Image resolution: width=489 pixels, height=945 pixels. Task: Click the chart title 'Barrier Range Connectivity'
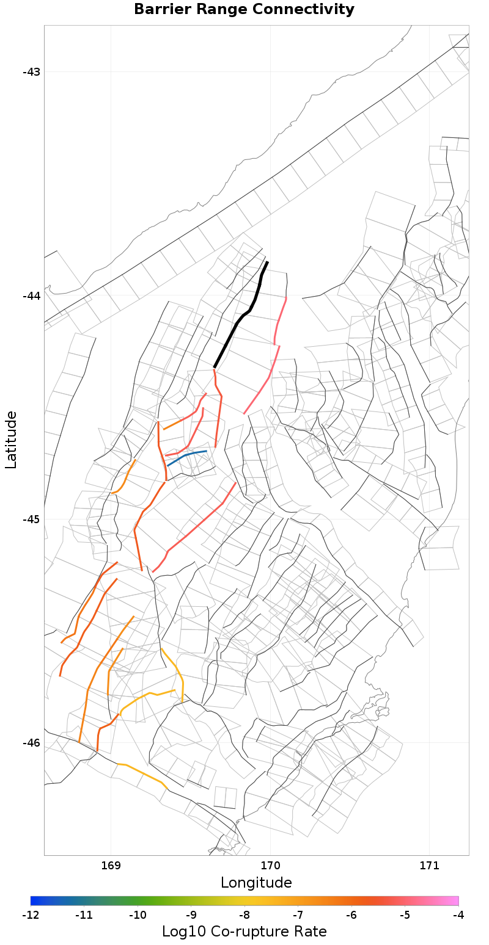tap(244, 10)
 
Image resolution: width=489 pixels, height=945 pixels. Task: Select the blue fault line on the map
tap(187, 455)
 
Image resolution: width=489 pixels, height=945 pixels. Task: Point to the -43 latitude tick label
tap(31, 72)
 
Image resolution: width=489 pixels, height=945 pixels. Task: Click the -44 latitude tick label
tap(31, 296)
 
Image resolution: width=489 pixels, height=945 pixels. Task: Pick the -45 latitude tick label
tap(31, 520)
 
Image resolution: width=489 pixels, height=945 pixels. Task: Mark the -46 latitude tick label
tap(31, 743)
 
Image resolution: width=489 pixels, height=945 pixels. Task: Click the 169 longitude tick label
tap(111, 865)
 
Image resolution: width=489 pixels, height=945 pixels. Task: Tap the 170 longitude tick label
tap(270, 865)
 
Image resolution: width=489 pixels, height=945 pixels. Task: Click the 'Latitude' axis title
tap(11, 440)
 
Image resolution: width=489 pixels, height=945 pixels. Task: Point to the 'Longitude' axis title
tap(256, 883)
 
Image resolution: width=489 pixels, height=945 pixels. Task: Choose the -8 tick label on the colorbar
tap(244, 915)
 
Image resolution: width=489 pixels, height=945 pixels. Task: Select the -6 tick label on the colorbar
tap(351, 915)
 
